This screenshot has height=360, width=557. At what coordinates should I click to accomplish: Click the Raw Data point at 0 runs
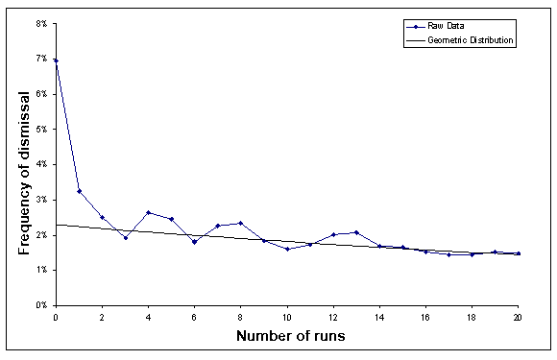click(56, 60)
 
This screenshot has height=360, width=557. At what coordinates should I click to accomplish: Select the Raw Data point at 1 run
click(79, 191)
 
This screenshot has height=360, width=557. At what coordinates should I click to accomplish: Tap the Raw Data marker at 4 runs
click(148, 212)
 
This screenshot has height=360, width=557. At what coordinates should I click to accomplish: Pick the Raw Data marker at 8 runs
click(241, 223)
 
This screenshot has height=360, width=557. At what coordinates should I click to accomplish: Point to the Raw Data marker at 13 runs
click(356, 232)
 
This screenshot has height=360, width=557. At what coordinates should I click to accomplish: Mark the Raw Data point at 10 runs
click(287, 249)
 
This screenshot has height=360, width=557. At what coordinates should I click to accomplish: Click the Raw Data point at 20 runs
click(519, 253)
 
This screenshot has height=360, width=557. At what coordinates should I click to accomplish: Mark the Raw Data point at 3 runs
click(125, 237)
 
